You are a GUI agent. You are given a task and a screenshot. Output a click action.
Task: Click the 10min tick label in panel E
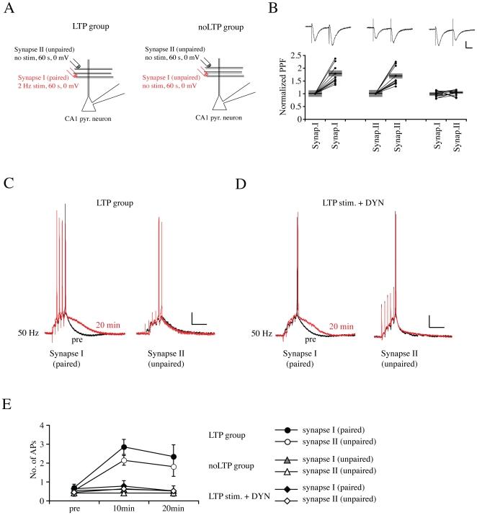[x=124, y=509]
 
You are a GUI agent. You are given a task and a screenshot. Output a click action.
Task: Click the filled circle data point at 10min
[x=124, y=447]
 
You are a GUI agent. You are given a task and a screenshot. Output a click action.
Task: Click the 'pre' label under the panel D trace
[x=311, y=336]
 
